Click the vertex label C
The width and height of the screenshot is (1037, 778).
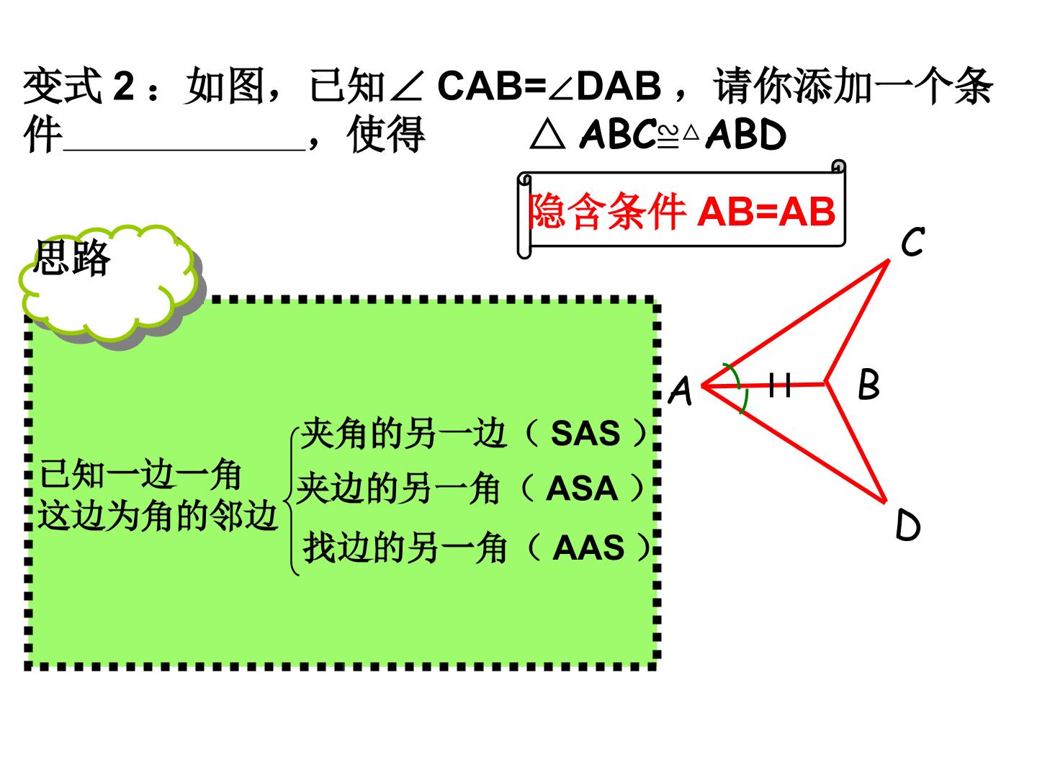pyautogui.click(x=912, y=242)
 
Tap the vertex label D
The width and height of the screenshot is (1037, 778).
pyautogui.click(x=907, y=524)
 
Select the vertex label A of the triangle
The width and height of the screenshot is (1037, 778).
pyautogui.click(x=681, y=390)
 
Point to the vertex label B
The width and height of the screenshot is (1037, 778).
pyautogui.click(x=868, y=384)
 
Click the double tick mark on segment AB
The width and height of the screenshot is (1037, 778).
pyautogui.click(x=779, y=385)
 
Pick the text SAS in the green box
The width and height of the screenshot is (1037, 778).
pyautogui.click(x=585, y=433)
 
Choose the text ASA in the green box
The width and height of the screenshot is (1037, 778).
pyautogui.click(x=582, y=488)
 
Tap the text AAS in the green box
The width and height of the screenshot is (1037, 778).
pyautogui.click(x=588, y=548)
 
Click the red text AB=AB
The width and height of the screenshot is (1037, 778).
pyautogui.click(x=766, y=212)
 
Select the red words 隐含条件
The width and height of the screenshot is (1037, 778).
pyautogui.click(x=607, y=211)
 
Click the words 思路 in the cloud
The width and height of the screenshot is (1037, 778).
pyautogui.click(x=72, y=257)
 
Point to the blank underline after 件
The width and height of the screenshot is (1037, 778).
pyautogui.click(x=184, y=149)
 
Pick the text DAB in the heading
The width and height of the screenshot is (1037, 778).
pyautogui.click(x=619, y=86)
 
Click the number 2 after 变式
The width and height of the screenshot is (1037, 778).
pyautogui.click(x=124, y=86)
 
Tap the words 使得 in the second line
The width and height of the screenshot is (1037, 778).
pyautogui.click(x=386, y=135)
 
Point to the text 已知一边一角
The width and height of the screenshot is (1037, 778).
pyautogui.click(x=140, y=474)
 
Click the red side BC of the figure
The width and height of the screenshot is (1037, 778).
pyautogui.click(x=857, y=321)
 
